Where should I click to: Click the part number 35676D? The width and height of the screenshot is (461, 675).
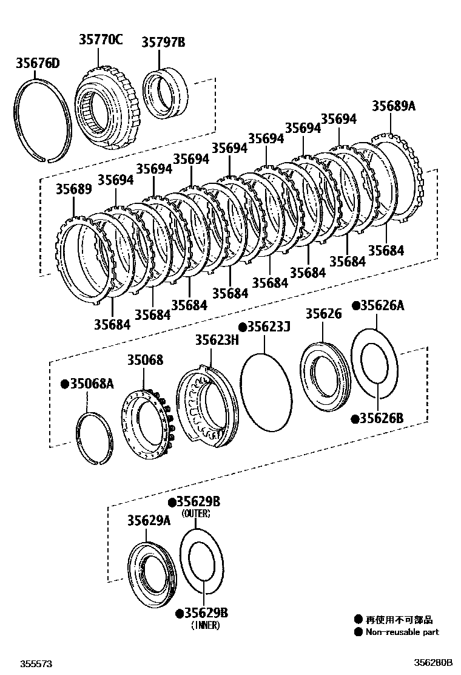coord(38,63)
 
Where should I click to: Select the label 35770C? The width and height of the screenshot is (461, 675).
coord(100,40)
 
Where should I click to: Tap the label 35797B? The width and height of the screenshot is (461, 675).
coord(163,42)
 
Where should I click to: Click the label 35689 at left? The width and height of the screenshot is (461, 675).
coord(74,189)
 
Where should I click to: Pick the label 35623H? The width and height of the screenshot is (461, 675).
coord(217,341)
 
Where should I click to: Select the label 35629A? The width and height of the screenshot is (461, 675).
coord(149,520)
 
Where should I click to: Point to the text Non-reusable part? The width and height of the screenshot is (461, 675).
coord(402,632)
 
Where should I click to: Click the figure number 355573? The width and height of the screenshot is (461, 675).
coord(19,663)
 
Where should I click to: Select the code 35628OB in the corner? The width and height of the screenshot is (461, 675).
coord(434,663)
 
